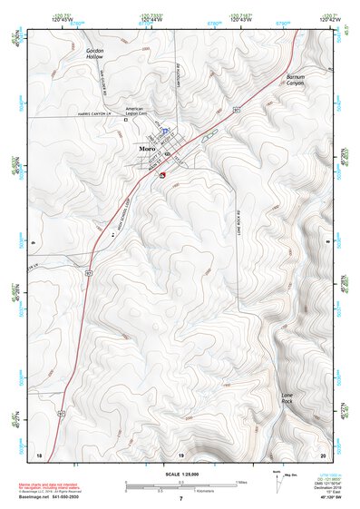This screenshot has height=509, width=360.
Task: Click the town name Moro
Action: (147, 148)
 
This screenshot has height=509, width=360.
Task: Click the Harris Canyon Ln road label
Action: (90, 115)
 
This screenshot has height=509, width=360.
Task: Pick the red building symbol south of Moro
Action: (161, 175)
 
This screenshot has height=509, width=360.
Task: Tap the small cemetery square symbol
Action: (127, 131)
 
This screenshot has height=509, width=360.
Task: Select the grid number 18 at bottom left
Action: (38, 454)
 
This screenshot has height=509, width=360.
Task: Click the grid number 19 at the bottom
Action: (180, 454)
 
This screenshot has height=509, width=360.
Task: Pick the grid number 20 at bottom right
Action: (322, 454)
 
